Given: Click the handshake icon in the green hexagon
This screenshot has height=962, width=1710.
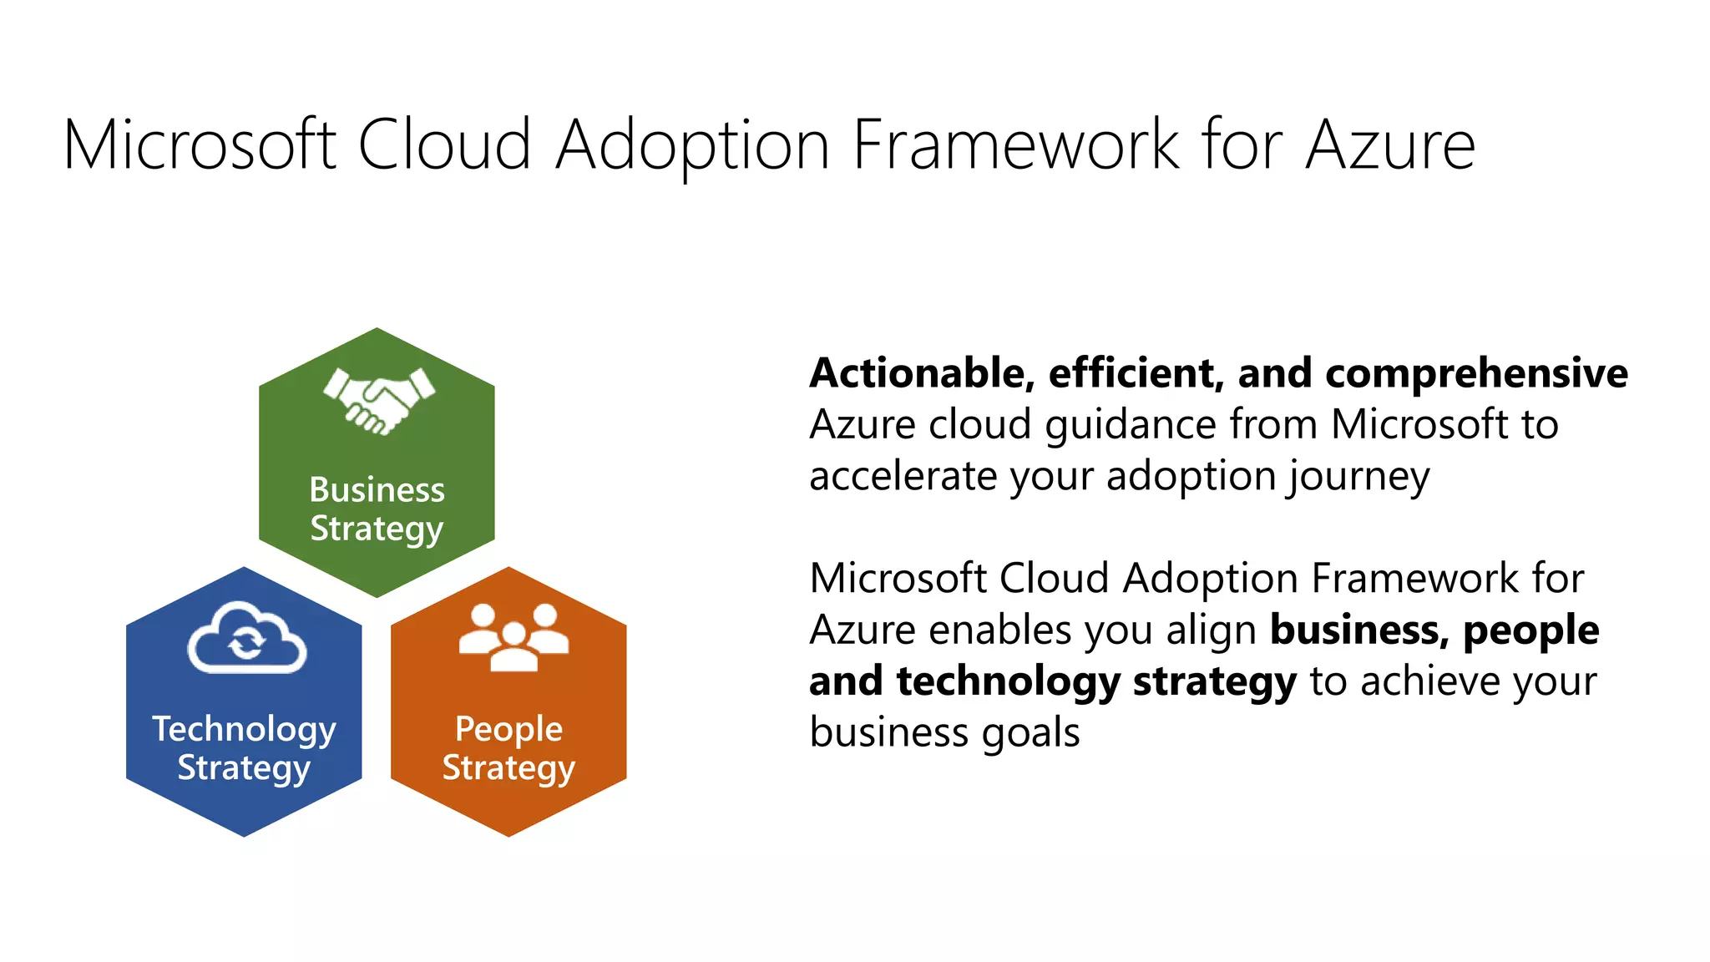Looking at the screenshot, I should pos(379,400).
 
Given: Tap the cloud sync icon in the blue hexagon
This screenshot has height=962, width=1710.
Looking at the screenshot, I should pos(246,639).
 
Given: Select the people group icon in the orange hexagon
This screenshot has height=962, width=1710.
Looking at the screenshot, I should pos(514,637).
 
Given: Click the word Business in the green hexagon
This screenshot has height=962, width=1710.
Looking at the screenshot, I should pos(377,490).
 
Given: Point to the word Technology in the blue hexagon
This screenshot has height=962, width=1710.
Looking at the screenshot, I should pos(244,730).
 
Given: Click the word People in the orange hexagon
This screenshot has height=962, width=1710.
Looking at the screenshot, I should pos(508,730).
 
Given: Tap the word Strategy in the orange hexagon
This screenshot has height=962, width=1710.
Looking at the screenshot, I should pos(508,768).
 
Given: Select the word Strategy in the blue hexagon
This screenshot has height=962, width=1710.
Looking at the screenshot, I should pos(244,768).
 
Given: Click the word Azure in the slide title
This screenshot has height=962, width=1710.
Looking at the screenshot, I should pos(1390,145).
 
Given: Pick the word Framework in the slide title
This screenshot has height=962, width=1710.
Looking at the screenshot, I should pos(1016,145).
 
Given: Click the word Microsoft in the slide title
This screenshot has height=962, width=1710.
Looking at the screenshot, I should pos(200,145).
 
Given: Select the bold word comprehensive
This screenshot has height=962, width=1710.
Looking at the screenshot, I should pos(1476,373).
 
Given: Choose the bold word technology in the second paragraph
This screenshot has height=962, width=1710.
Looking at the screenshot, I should pos(1008,682).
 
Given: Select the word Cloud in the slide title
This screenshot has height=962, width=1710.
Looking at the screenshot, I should pos(444,145).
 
